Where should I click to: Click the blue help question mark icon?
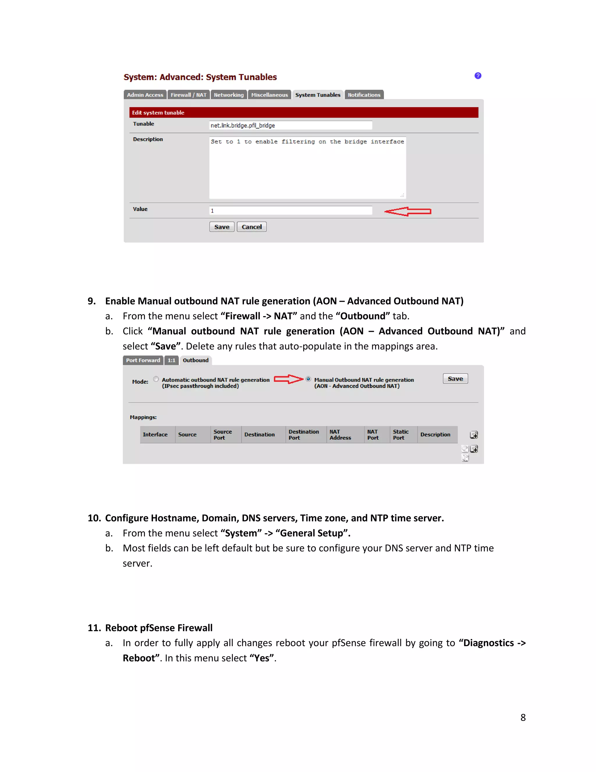click(x=478, y=76)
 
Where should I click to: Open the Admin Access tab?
click(x=145, y=95)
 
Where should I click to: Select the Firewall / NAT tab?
click(x=189, y=95)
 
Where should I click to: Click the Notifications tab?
click(x=364, y=95)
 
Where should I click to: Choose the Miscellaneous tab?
click(x=269, y=95)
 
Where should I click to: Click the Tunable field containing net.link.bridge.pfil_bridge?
click(x=290, y=126)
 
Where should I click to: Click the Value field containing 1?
click(x=290, y=211)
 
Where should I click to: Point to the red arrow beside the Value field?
click(x=407, y=211)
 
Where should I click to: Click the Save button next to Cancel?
click(x=222, y=227)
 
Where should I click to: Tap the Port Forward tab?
click(x=143, y=360)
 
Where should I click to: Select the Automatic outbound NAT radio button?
click(x=156, y=379)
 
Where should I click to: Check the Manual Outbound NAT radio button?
click(x=308, y=379)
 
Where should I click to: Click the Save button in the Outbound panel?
click(x=455, y=379)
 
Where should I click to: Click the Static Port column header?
click(x=400, y=434)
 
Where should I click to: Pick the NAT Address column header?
click(x=340, y=434)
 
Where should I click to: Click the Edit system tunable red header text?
click(x=158, y=112)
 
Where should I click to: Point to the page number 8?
click(x=523, y=717)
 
